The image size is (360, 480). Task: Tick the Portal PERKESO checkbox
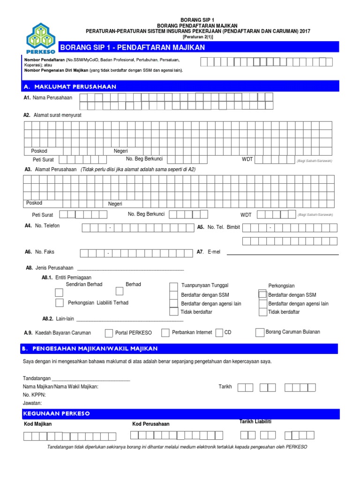click(109, 333)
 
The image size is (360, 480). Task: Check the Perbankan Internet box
click(165, 333)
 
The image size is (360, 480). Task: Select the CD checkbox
click(219, 333)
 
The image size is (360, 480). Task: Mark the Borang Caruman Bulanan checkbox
click(260, 332)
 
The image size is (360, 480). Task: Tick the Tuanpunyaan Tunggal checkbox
click(173, 286)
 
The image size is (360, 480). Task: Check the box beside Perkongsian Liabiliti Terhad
click(60, 302)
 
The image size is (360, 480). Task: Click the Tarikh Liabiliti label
click(255, 422)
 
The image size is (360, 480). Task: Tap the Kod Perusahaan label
click(151, 424)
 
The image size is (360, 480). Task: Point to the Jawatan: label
click(32, 403)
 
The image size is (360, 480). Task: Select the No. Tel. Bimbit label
click(224, 227)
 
